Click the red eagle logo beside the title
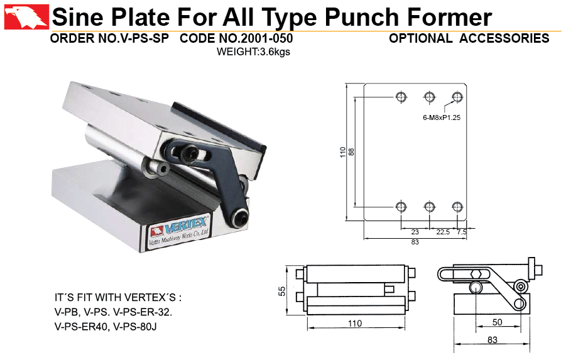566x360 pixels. click(26, 17)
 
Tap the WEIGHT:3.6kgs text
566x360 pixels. click(253, 52)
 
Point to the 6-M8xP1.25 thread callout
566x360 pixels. click(442, 117)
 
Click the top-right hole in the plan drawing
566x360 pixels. click(457, 97)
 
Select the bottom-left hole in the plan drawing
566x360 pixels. click(401, 207)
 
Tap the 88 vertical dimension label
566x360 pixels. click(352, 151)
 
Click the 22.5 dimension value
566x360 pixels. click(443, 232)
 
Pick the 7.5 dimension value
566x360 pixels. click(462, 232)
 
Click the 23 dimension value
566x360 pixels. click(415, 232)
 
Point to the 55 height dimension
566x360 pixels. click(282, 291)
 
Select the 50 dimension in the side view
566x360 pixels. click(497, 322)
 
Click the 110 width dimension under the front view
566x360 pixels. click(355, 324)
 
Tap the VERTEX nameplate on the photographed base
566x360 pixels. click(180, 231)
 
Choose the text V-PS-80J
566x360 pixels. click(135, 327)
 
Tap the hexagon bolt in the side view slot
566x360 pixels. click(476, 275)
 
